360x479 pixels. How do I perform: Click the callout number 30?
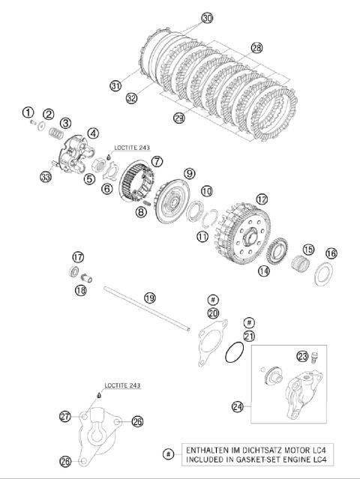[x=207, y=18]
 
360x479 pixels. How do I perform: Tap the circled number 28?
[x=256, y=48]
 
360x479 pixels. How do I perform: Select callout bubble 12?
[x=262, y=199]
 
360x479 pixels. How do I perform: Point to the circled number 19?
[x=150, y=298]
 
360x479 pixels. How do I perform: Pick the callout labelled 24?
[x=238, y=406]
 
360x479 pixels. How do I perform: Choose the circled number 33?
[x=46, y=177]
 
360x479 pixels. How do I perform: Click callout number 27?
[x=65, y=416]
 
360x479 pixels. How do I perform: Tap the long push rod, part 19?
[x=147, y=308]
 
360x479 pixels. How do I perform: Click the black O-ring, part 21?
[x=235, y=352]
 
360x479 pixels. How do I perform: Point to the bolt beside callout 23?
[x=314, y=358]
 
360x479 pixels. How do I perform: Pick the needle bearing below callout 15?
[x=300, y=262]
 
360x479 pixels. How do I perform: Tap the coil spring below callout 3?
[x=56, y=132]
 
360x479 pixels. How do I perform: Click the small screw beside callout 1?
[x=33, y=122]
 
